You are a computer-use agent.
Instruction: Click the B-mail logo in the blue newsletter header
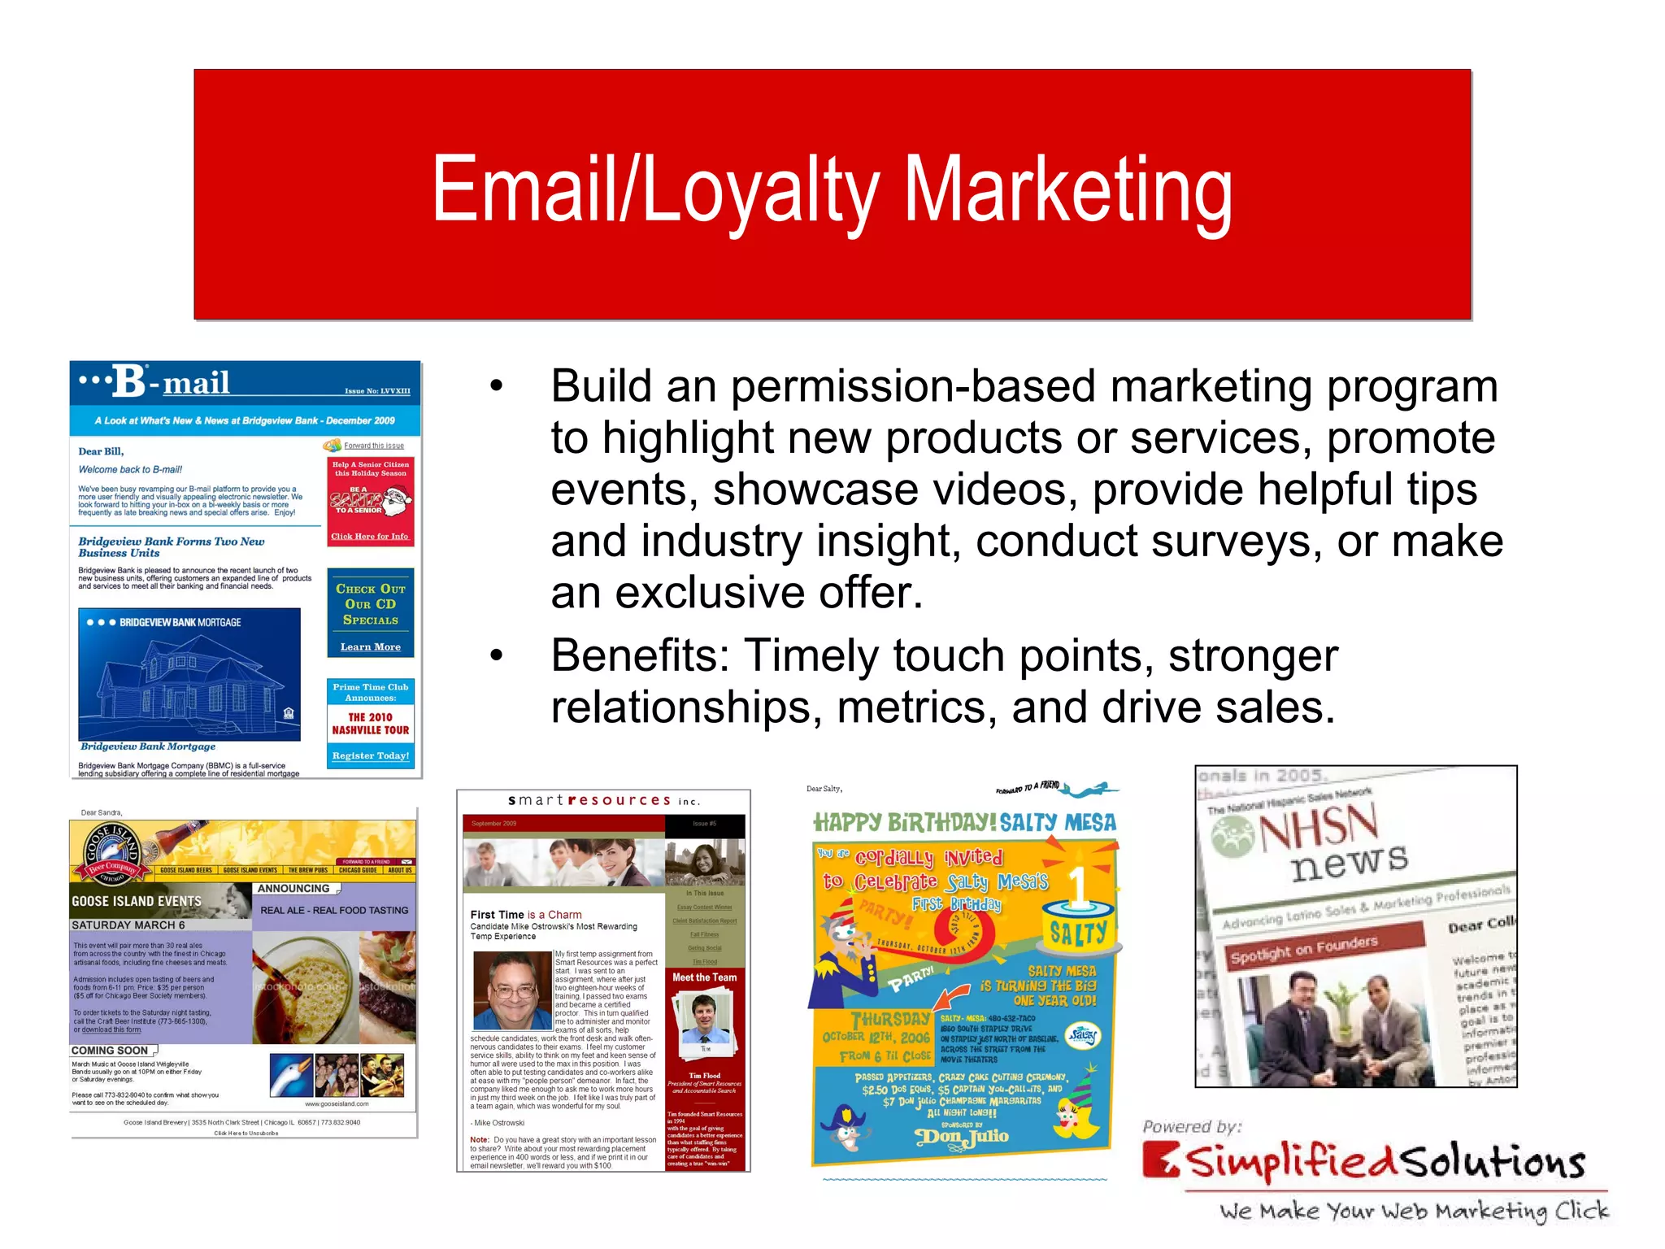(x=171, y=381)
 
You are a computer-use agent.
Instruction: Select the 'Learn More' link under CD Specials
(x=370, y=647)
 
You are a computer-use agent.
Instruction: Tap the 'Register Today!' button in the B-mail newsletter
(x=370, y=755)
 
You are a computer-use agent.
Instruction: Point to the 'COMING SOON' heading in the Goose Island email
(x=110, y=1051)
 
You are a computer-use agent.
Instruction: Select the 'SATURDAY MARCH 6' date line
(x=128, y=925)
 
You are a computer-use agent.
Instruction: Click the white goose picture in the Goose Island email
(x=291, y=1076)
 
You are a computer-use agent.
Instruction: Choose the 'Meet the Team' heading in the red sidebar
(x=704, y=977)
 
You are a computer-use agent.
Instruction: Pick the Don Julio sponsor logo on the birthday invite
(x=962, y=1136)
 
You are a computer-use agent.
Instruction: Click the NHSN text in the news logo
(x=1318, y=827)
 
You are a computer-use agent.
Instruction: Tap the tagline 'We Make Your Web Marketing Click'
(x=1413, y=1211)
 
